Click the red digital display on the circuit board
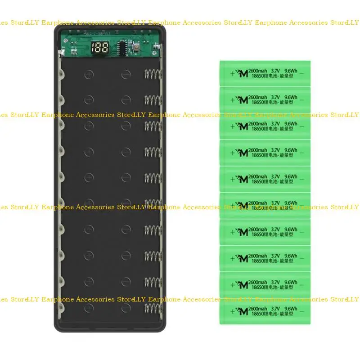[99, 47]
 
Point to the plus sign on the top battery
[232, 73]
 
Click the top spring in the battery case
[152, 75]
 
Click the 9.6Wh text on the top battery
[291, 70]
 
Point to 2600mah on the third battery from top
[258, 123]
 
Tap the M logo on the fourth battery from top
[243, 153]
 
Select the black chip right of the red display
[122, 46]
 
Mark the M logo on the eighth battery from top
[243, 258]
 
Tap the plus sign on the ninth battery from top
[232, 285]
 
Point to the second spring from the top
[152, 100]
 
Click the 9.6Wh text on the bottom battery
[291, 308]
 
